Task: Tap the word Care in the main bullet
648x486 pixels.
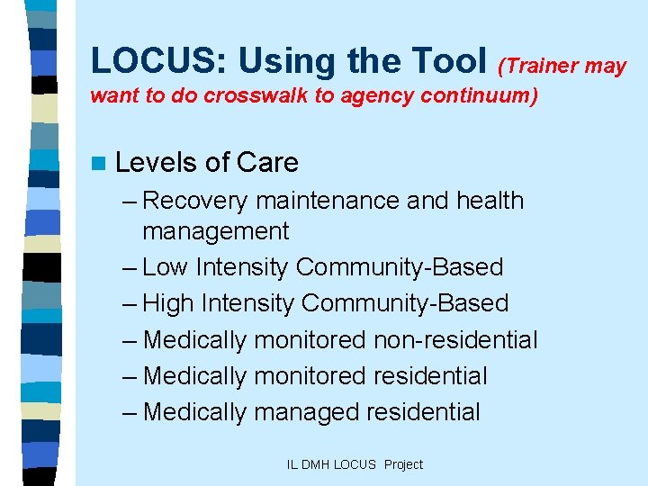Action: coord(267,163)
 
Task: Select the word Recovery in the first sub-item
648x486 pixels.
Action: coord(197,200)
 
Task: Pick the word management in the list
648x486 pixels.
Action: coord(215,231)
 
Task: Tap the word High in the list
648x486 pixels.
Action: coord(168,303)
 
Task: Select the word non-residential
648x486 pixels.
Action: coord(458,340)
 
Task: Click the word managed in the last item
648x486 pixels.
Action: coord(307,412)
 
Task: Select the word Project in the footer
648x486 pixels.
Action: coord(403,464)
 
